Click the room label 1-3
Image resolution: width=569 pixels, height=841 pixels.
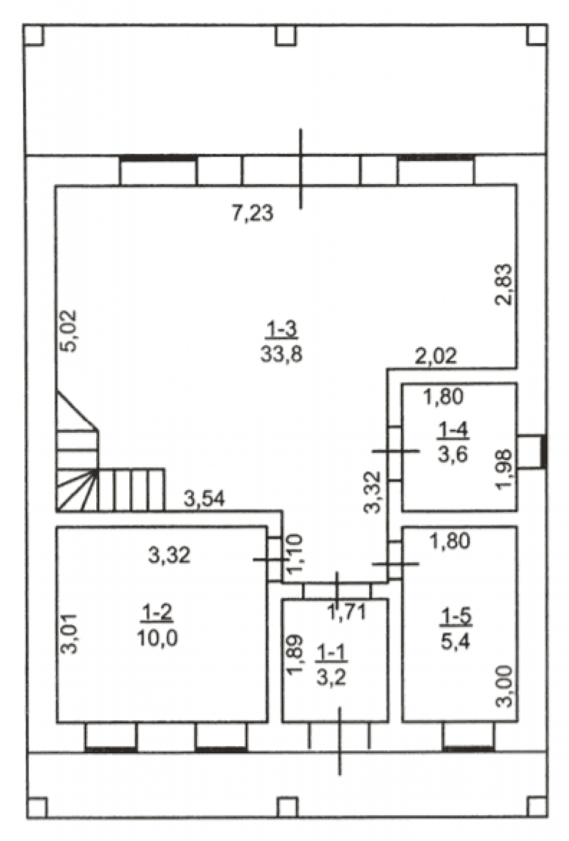pyautogui.click(x=281, y=329)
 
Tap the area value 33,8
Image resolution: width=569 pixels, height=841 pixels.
pyautogui.click(x=281, y=354)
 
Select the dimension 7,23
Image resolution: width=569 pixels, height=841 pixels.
pyautogui.click(x=253, y=214)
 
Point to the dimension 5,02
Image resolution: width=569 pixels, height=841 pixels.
pyautogui.click(x=69, y=330)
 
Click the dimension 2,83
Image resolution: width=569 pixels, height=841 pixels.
pyautogui.click(x=504, y=285)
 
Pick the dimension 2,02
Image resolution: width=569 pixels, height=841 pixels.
pyautogui.click(x=436, y=355)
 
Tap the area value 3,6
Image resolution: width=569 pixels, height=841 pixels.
pyautogui.click(x=453, y=454)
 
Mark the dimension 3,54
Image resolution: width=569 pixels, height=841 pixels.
pyautogui.click(x=204, y=499)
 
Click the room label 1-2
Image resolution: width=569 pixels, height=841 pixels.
pyautogui.click(x=157, y=613)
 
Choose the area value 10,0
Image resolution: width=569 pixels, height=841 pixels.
pyautogui.click(x=157, y=638)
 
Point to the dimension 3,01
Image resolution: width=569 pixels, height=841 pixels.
pyautogui.click(x=69, y=634)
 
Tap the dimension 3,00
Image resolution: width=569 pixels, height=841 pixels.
pyautogui.click(x=504, y=686)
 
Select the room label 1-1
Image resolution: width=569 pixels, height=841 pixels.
pyautogui.click(x=332, y=653)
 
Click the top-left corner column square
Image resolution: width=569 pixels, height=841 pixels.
pyautogui.click(x=34, y=36)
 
